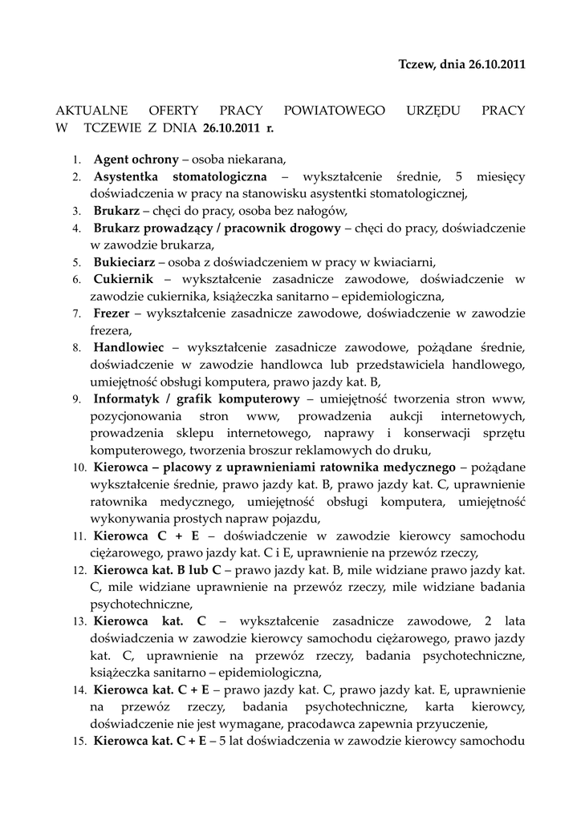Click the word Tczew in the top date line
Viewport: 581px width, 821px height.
416,64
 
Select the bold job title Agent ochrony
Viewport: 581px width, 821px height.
136,159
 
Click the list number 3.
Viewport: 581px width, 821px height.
76,212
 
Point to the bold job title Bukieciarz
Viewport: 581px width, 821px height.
124,262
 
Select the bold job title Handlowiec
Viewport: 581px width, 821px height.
128,348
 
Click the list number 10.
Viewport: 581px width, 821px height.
79,467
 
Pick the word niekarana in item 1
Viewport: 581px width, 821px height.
259,159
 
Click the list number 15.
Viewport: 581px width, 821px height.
79,742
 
